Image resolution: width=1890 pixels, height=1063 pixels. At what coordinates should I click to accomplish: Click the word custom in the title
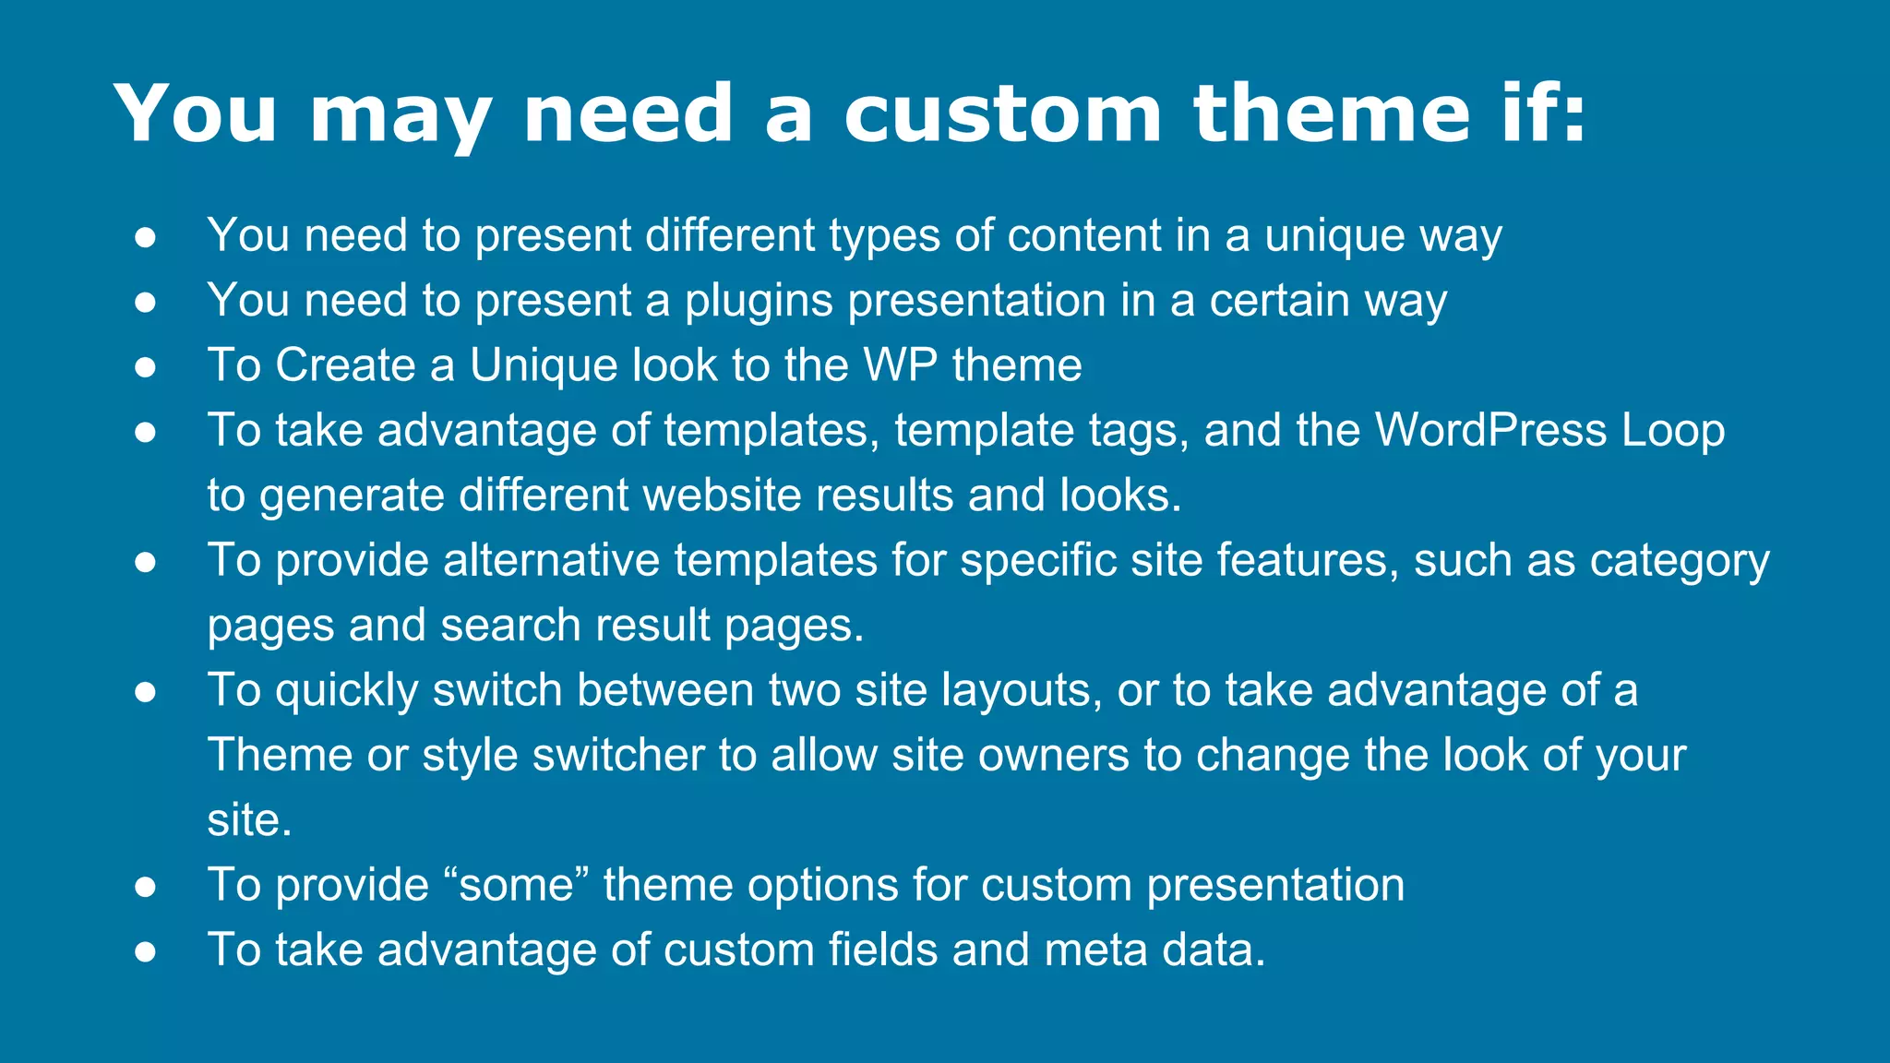(x=1002, y=114)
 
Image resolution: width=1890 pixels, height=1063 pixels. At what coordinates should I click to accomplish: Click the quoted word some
(x=517, y=886)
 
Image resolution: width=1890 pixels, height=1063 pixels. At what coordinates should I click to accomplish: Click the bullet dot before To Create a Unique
(x=145, y=366)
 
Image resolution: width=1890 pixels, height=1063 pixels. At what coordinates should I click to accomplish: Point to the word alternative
(x=550, y=561)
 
